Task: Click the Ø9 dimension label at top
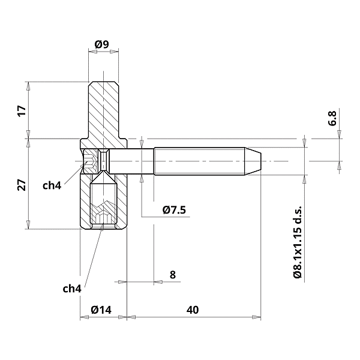click(x=102, y=44)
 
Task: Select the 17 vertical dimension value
click(x=22, y=111)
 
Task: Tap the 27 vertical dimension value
click(x=22, y=184)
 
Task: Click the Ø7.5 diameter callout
click(x=175, y=209)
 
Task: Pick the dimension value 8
click(x=173, y=275)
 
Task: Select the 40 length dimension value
click(x=192, y=310)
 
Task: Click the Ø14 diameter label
click(x=101, y=310)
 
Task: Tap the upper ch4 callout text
click(x=52, y=185)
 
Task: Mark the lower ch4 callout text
click(x=72, y=289)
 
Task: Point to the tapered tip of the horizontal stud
click(x=255, y=161)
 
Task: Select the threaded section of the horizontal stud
click(x=201, y=161)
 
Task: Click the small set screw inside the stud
click(x=104, y=161)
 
